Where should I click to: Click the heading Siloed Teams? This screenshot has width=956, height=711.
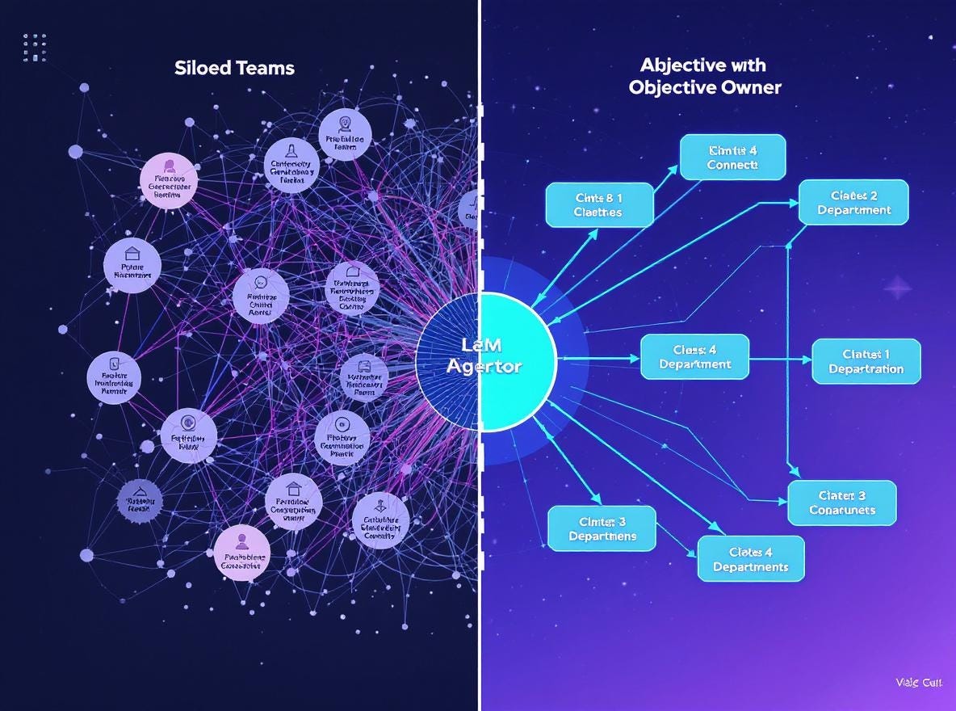coord(234,68)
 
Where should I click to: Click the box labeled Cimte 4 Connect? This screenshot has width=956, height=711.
coord(732,157)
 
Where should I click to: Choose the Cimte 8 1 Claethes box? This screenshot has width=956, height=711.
coord(598,204)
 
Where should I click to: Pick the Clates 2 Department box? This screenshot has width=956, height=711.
coord(853,202)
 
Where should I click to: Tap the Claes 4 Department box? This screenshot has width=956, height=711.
coord(694,357)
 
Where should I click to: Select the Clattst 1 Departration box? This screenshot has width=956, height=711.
coord(866,361)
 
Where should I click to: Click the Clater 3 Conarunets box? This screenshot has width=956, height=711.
coord(842,503)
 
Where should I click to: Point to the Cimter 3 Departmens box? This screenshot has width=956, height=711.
coord(602,528)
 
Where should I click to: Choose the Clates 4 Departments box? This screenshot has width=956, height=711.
coord(750,559)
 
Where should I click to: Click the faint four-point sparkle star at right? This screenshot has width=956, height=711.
coord(898,288)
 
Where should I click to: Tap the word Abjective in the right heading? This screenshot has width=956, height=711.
coord(679,65)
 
